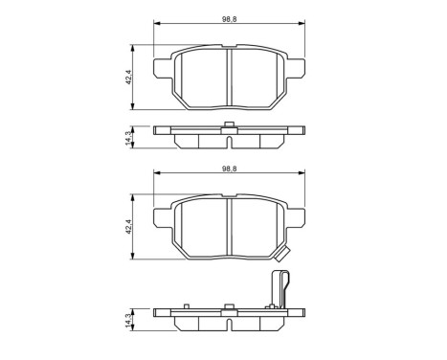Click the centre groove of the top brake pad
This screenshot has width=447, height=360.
[x=230, y=73]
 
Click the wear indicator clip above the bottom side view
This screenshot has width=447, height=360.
[x=280, y=290]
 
